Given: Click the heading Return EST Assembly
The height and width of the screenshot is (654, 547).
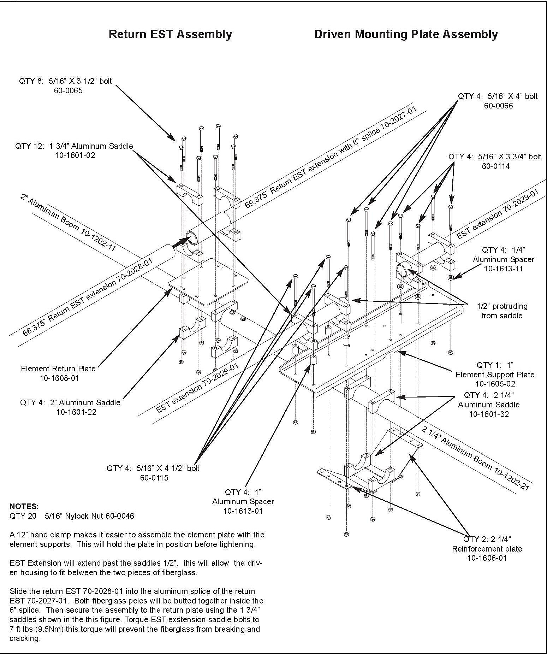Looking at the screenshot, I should [x=170, y=34].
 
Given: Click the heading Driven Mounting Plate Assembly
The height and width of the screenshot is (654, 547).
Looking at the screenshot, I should [x=406, y=34].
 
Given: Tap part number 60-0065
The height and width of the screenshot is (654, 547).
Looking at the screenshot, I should [x=68, y=90].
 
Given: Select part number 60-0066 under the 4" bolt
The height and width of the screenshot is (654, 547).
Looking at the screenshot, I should [x=498, y=106].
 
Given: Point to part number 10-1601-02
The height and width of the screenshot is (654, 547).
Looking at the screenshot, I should [x=75, y=155].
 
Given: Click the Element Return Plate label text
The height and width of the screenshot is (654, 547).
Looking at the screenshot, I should [x=58, y=369].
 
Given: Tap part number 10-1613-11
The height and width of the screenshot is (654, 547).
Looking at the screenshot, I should [x=503, y=269].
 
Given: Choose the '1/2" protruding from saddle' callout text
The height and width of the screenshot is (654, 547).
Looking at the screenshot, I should [x=502, y=311].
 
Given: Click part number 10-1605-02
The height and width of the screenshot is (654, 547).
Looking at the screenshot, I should [x=495, y=384].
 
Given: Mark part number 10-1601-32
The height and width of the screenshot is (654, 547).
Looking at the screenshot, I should [x=489, y=414].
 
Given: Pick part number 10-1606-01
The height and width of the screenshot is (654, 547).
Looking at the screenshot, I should [x=487, y=558].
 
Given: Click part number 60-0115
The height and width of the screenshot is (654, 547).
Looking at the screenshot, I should [x=154, y=478].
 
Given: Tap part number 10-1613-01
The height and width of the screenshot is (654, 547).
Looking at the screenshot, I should [x=243, y=511].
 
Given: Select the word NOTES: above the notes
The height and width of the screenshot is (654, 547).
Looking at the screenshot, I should [x=24, y=506].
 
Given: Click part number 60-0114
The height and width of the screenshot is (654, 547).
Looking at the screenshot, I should [x=496, y=166].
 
